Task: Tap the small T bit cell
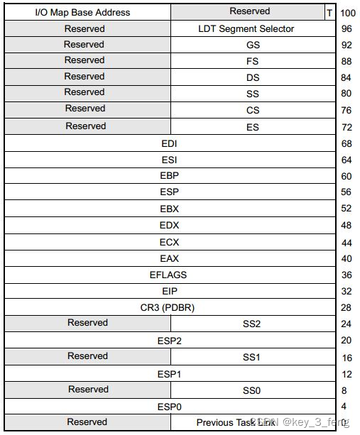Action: coord(329,13)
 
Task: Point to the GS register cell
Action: coord(253,45)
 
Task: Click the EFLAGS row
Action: coord(169,275)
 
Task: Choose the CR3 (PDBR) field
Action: coord(169,307)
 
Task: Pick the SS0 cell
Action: coord(253,390)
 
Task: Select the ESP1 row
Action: coord(169,373)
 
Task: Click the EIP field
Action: coord(169,291)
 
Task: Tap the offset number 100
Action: coord(348,13)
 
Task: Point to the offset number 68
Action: coord(347,144)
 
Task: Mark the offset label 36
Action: coord(347,275)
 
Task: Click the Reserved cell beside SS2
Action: coord(87,323)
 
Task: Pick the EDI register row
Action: coord(169,143)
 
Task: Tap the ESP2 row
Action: coord(169,341)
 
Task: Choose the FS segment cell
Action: coord(253,61)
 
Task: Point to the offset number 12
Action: coord(347,374)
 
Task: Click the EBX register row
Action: coord(169,209)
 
